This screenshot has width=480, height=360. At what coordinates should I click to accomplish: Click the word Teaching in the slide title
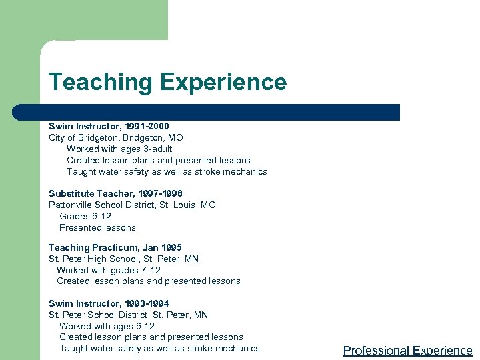pos(101,83)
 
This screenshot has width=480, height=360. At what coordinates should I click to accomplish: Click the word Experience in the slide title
pos(223,83)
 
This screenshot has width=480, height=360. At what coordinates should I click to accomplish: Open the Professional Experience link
pos(407,351)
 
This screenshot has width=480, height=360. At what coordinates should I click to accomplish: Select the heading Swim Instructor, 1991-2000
pos(109,126)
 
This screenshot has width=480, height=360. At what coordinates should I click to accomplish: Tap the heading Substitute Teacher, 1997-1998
pos(115,194)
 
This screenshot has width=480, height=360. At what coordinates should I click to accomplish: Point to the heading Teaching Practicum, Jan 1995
pos(115,248)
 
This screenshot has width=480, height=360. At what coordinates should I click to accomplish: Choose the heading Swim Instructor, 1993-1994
pos(109,303)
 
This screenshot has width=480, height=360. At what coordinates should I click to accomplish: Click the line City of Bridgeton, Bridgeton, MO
pos(115,137)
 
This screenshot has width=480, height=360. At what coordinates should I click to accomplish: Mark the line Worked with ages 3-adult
pos(119,149)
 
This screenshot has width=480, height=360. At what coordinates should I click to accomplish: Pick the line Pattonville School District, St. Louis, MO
pos(132,205)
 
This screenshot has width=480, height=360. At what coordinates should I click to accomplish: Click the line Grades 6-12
pos(85,217)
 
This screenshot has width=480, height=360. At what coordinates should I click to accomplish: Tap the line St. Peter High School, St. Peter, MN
pos(123,259)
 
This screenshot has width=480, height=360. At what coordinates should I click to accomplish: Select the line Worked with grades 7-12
pos(108,270)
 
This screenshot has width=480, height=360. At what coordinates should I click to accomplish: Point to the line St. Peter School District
pos(128,315)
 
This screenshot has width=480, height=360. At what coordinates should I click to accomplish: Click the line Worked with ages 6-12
pos(107,326)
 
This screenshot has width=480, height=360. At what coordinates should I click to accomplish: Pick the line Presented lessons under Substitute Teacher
pos(97,228)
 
